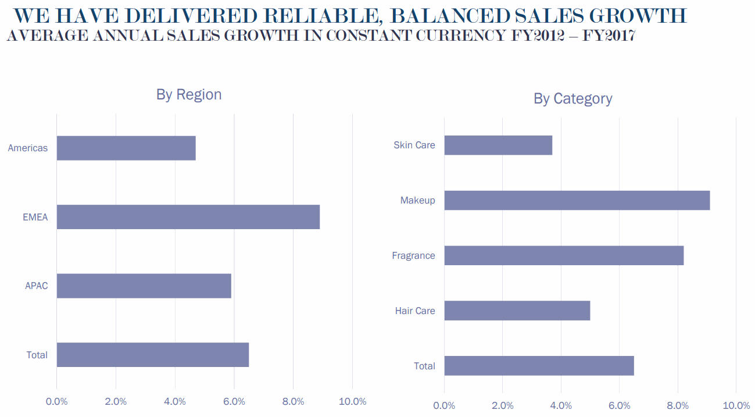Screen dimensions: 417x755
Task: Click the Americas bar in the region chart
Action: pos(126,148)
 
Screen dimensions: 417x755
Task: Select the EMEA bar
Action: pos(188,217)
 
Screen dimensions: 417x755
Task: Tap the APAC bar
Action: pos(144,286)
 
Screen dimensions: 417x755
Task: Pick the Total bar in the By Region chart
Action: pos(152,355)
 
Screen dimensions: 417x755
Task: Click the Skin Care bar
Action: pos(498,145)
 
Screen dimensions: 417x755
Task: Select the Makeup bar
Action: pos(577,200)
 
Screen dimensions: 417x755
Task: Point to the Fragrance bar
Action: pos(564,255)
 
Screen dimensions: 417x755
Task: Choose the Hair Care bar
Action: pos(517,311)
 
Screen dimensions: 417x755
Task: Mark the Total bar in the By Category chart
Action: pos(539,366)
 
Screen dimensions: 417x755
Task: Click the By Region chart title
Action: pos(189,94)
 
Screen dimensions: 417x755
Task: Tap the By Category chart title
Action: pos(572,98)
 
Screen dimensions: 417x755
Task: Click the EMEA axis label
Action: pos(35,218)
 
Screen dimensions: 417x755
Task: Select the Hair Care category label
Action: pos(415,311)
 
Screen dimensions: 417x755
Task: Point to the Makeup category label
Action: pos(417,200)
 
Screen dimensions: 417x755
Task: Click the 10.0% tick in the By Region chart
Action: pos(352,401)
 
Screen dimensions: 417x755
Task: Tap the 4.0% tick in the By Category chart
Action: pos(561,405)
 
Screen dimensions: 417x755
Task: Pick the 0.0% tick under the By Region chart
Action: pos(56,401)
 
